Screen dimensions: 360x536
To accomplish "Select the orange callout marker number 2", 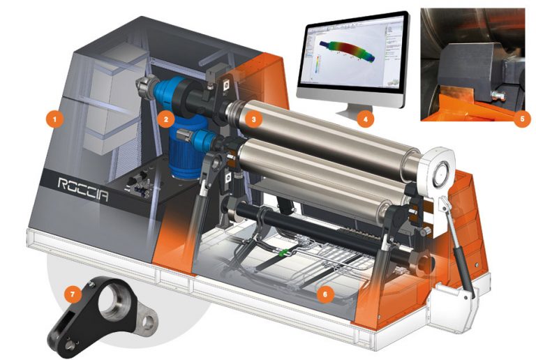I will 165,119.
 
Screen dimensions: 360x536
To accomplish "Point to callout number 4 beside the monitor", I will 364,119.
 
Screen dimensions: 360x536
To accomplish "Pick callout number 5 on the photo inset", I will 516,119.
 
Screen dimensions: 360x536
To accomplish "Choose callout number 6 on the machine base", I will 322,294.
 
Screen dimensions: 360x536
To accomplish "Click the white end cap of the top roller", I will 440,167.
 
